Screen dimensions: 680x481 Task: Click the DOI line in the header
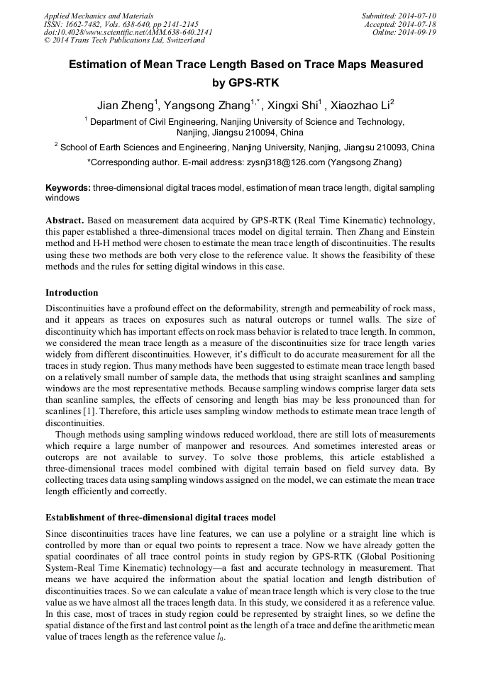tap(127, 32)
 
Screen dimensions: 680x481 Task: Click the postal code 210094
tap(262, 133)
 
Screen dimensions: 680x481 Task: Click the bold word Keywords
tap(67, 188)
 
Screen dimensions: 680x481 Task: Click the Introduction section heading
tap(72, 293)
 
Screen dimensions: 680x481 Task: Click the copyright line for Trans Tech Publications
tap(113, 40)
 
